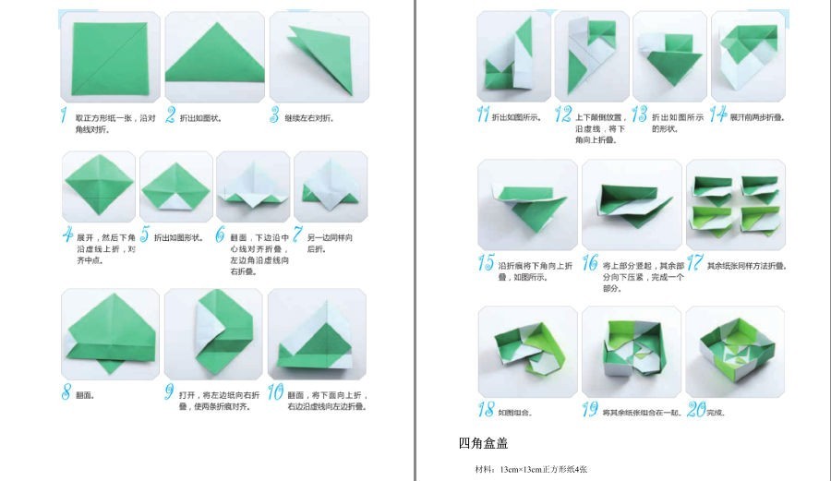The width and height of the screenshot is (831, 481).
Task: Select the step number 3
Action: (x=274, y=116)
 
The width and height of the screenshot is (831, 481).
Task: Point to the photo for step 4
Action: (x=99, y=185)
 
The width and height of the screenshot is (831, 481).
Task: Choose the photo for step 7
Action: (x=331, y=185)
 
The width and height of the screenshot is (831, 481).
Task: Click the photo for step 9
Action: (x=212, y=333)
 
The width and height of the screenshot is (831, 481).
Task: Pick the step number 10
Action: (x=275, y=391)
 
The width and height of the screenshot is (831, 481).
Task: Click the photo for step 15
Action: (x=527, y=204)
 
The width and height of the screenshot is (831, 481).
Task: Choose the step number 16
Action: (x=589, y=263)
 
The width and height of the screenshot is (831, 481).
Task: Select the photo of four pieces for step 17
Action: (x=735, y=204)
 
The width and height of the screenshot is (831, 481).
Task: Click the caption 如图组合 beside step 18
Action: (x=514, y=413)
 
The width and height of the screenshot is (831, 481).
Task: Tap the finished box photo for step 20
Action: (x=735, y=352)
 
